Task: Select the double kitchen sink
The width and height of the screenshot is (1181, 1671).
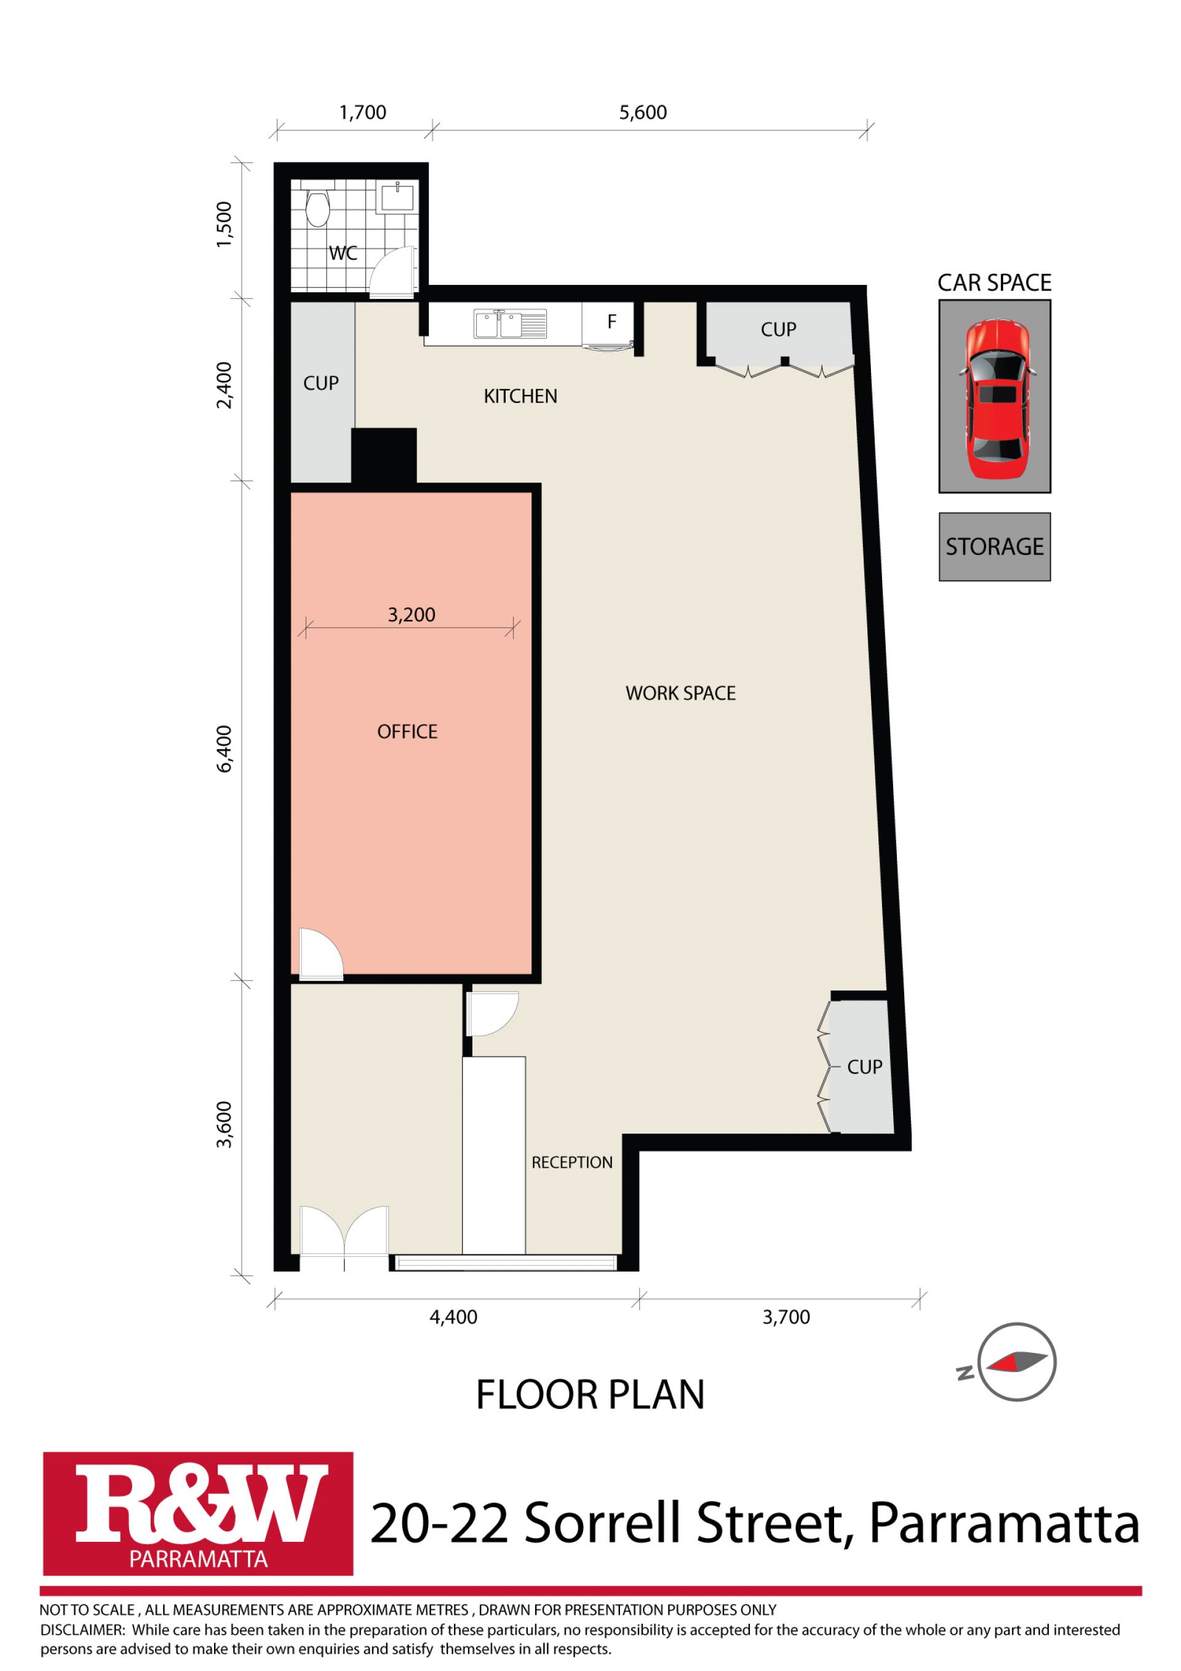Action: click(510, 323)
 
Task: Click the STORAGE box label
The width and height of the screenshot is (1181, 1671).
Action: click(994, 546)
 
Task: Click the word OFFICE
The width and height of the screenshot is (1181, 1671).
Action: click(407, 732)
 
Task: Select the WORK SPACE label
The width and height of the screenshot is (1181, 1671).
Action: click(680, 693)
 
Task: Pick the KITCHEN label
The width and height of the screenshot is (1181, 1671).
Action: click(520, 396)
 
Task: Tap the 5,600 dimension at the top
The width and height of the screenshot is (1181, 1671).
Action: click(643, 112)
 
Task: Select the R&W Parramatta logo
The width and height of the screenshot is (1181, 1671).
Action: click(198, 1513)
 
